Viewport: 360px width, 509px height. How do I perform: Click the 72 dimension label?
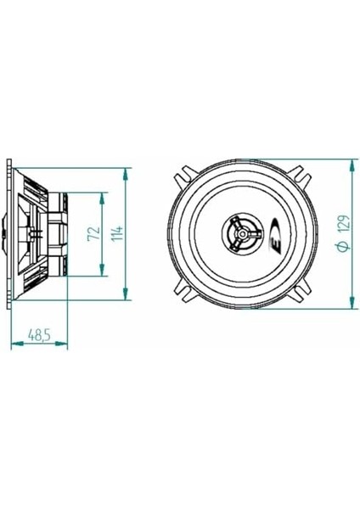coord(94,233)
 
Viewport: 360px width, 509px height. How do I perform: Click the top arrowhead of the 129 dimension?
coord(352,165)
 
